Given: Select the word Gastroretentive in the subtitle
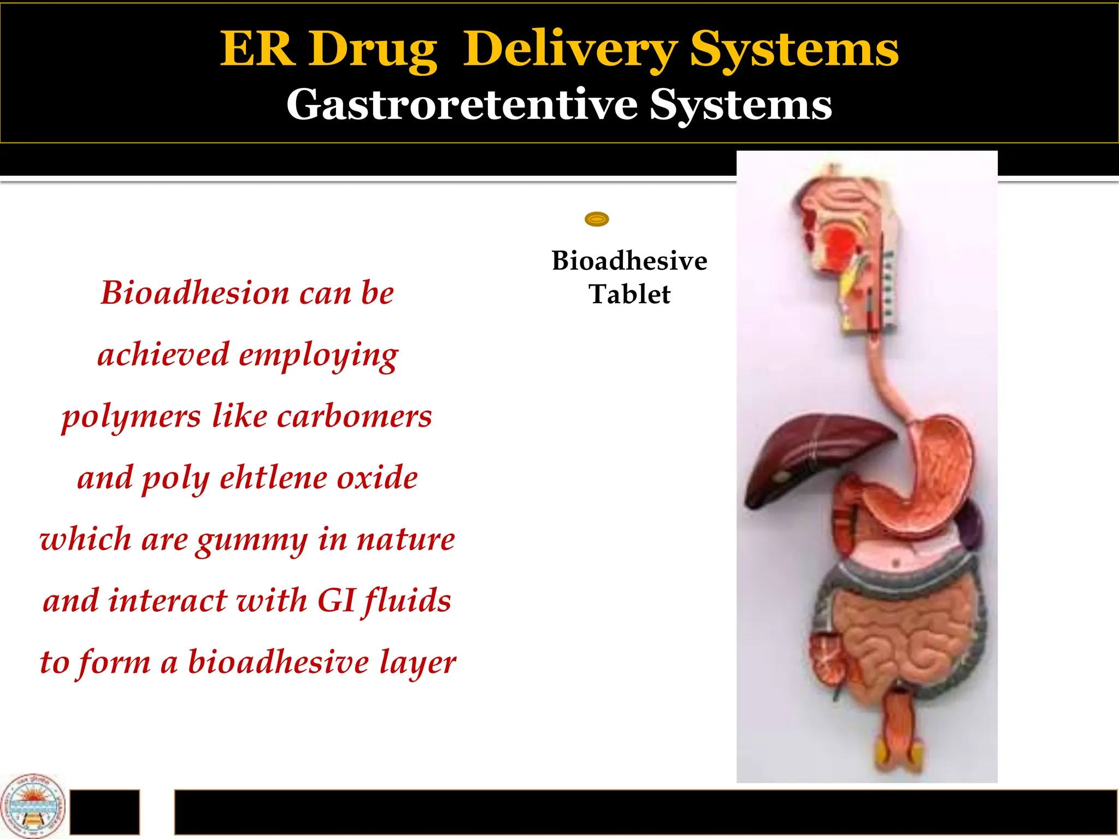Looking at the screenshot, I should click(x=462, y=104).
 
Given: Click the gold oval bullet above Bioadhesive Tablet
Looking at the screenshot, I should click(x=597, y=220).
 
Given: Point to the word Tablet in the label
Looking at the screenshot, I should click(x=629, y=294).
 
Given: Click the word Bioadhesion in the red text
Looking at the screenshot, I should click(x=195, y=293).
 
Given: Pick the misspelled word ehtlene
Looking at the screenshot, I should click(x=273, y=478).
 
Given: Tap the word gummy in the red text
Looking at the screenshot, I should click(x=252, y=541).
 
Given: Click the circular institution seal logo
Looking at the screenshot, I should click(x=33, y=806).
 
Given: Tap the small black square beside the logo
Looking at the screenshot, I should click(x=104, y=812).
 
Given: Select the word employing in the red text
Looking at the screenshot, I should click(x=319, y=355).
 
